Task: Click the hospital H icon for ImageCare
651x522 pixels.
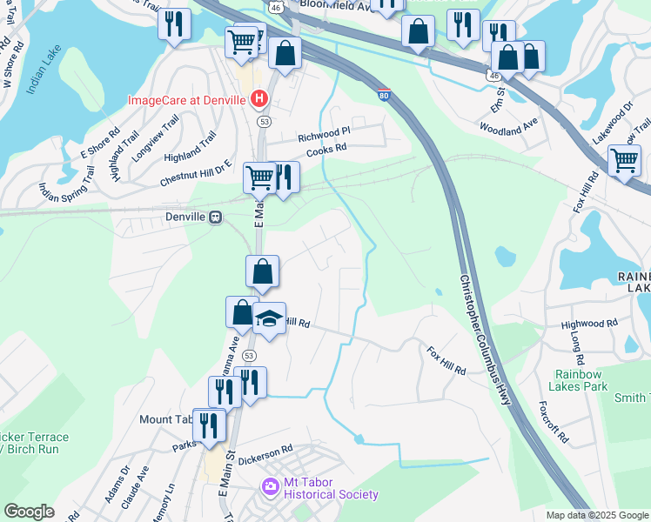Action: point(258,99)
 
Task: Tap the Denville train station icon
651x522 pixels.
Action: point(214,217)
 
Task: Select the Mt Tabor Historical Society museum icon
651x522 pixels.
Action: point(270,485)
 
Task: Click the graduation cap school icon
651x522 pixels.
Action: point(270,319)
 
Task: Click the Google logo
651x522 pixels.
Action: point(29,512)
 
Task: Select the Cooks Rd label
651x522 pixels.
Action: point(326,148)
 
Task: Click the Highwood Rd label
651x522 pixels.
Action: point(589,323)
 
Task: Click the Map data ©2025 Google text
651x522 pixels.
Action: point(596,514)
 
